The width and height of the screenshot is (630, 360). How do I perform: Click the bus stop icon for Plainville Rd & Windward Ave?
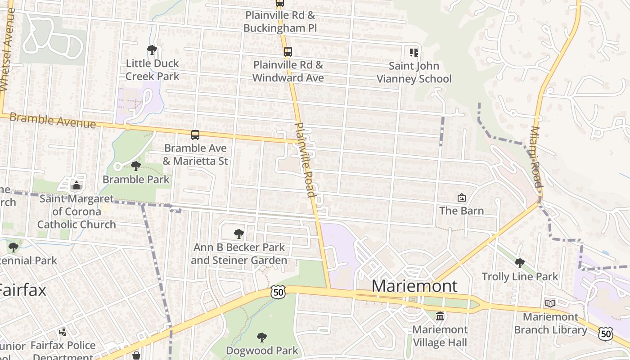[x=288, y=52]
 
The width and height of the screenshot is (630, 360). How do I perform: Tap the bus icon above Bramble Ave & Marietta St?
[x=195, y=135]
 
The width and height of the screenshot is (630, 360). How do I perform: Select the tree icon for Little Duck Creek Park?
[x=152, y=50]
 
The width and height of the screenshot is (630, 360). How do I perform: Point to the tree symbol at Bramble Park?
[x=135, y=166]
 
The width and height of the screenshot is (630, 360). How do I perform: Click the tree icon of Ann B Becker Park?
[x=239, y=234]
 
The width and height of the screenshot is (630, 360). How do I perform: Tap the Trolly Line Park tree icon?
[x=520, y=263]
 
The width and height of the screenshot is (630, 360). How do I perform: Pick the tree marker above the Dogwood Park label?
[x=261, y=337]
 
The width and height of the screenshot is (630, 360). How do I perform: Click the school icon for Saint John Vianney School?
[x=414, y=53]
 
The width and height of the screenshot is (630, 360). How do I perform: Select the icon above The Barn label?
[x=461, y=198]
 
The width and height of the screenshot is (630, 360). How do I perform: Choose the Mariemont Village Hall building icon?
[x=440, y=316]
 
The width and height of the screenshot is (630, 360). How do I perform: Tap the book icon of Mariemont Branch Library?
[x=550, y=303]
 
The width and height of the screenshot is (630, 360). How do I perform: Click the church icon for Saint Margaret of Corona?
[x=76, y=185]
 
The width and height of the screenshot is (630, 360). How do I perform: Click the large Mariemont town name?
[x=414, y=286]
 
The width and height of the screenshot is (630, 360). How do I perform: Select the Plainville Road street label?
[x=304, y=160]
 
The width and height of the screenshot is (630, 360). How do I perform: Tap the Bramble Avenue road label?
[x=53, y=121]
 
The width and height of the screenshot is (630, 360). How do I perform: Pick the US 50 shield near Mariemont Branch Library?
[x=606, y=333]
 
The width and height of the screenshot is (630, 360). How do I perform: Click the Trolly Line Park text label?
[x=520, y=276]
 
